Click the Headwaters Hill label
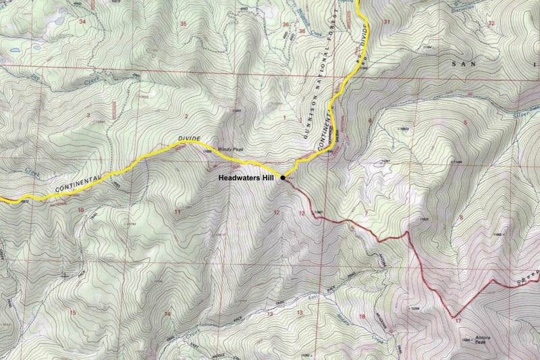(x=246, y=180)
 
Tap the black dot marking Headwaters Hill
(x=282, y=177)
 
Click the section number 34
(x=82, y=22)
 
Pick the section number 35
(x=183, y=24)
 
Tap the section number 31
(x=387, y=23)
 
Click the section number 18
(x=362, y=316)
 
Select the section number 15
(x=73, y=313)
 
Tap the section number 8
(x=461, y=217)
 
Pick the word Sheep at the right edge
(x=527, y=280)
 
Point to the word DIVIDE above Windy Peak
(x=190, y=137)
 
